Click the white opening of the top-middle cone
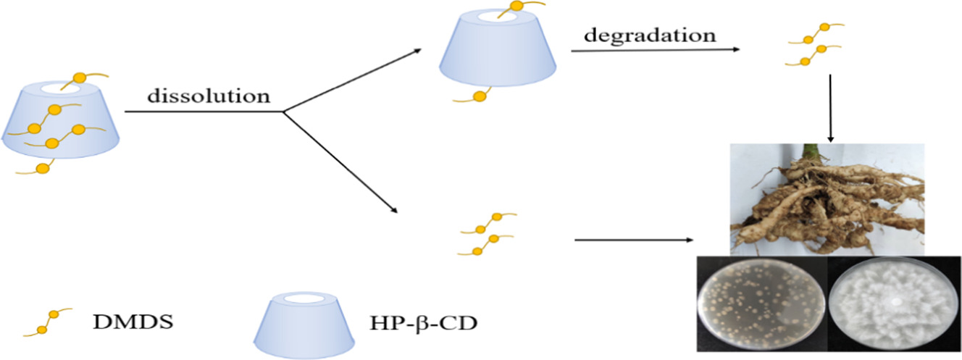click(498, 13)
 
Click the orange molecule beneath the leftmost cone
click(42, 169)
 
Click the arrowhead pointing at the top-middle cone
click(418, 51)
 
